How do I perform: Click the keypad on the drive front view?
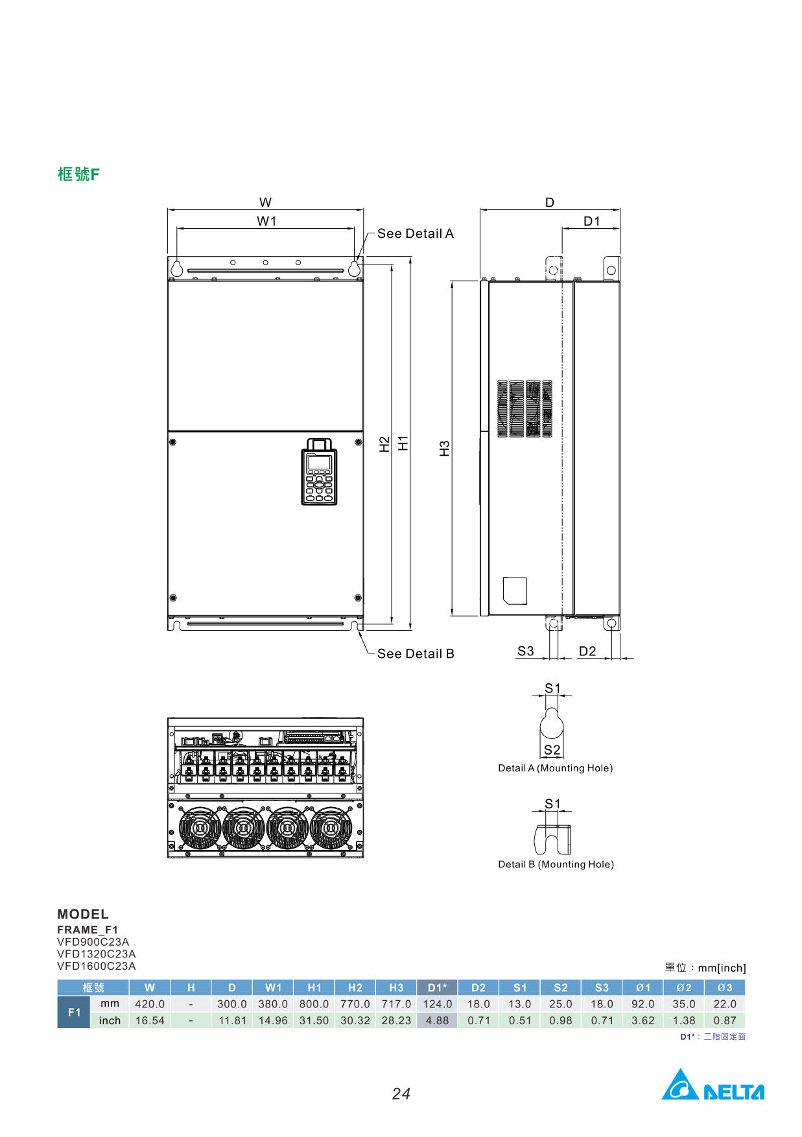[x=319, y=471]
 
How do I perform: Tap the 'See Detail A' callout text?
[x=416, y=233]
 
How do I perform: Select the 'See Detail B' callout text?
[x=416, y=653]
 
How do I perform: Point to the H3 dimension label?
[x=445, y=449]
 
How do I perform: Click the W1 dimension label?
[x=266, y=221]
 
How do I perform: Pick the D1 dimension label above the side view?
[x=592, y=221]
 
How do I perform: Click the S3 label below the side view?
[x=526, y=651]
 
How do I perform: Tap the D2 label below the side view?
[x=587, y=651]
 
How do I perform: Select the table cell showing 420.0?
[x=150, y=1004]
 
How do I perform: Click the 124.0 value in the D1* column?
[x=438, y=1004]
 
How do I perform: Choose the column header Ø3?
[x=725, y=988]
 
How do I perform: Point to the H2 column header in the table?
[x=355, y=988]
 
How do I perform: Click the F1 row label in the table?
[x=74, y=1012]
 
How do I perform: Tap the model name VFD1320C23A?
[x=97, y=954]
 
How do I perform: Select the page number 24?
[x=401, y=1094]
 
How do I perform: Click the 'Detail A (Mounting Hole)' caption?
[x=556, y=768]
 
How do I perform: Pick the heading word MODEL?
[x=83, y=914]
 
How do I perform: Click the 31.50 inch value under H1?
[x=314, y=1020]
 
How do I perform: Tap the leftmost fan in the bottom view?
[x=200, y=828]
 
